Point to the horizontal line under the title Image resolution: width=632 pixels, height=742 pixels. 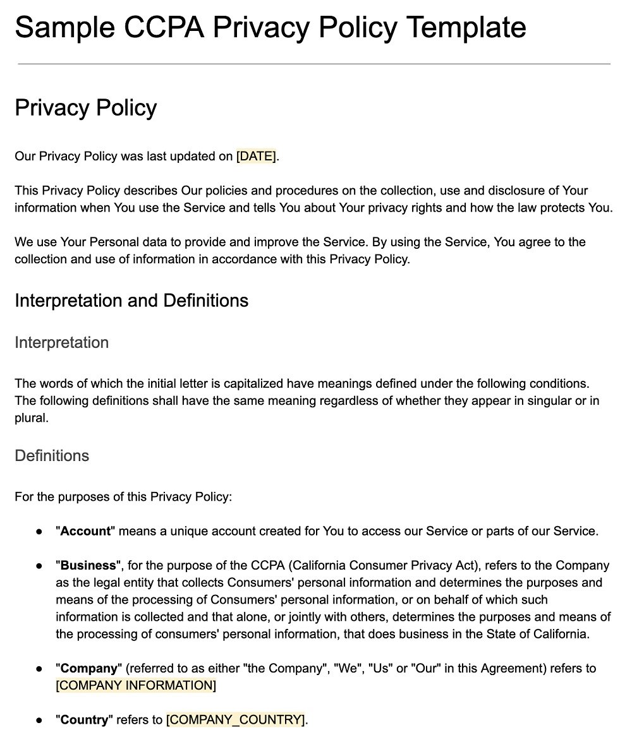pos(314,64)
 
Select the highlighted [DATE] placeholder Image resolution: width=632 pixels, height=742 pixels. pos(256,157)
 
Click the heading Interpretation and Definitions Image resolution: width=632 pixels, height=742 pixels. pos(131,301)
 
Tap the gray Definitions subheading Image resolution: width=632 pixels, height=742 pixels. pos(52,456)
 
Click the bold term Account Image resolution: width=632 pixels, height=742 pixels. pos(85,531)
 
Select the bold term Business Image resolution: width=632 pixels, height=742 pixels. pos(88,565)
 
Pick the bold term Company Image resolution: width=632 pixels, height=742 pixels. pos(89,668)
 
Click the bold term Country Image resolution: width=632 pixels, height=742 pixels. pos(87,719)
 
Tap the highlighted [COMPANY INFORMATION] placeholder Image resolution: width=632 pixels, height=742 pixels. pos(136,685)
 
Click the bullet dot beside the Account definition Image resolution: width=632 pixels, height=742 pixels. pos(39,532)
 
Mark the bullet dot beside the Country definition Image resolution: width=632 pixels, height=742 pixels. pos(39,720)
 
